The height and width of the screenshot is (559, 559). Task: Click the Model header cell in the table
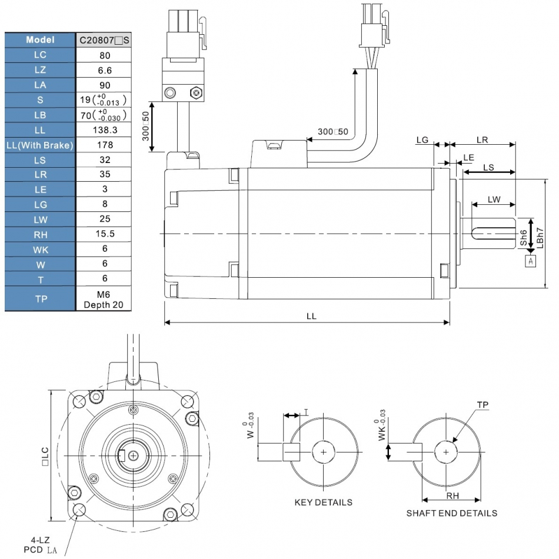(40, 40)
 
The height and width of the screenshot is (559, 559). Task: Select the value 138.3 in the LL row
(104, 129)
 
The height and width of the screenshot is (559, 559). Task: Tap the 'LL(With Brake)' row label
(40, 145)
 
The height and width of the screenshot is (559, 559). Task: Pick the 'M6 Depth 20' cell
(104, 299)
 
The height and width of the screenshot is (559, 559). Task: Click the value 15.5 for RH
(104, 234)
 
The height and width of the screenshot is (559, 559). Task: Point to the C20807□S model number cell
(104, 40)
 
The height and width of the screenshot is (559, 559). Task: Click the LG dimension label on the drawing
(422, 140)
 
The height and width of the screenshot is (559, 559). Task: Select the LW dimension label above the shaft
(494, 199)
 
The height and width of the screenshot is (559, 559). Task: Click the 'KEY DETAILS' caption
(323, 503)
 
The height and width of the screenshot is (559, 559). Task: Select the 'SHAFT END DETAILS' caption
(451, 513)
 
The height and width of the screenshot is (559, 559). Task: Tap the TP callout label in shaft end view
(483, 405)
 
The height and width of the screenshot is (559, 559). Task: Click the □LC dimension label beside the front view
(44, 457)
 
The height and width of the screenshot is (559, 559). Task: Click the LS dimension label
(488, 167)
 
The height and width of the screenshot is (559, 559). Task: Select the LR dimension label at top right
(482, 140)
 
